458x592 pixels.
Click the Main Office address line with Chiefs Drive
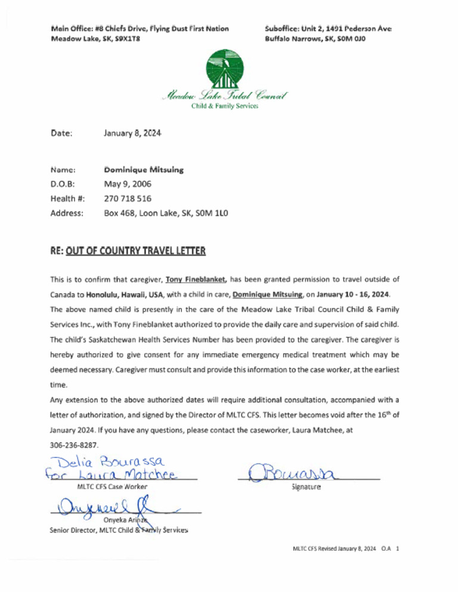(140, 29)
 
